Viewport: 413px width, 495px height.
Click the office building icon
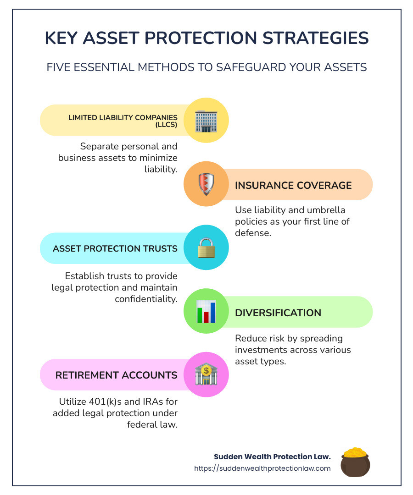click(x=206, y=121)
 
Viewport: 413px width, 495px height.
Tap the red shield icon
click(x=206, y=184)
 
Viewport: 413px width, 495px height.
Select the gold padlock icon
click(x=206, y=248)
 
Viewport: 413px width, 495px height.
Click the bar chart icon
click(x=206, y=311)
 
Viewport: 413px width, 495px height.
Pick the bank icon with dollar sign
click(x=206, y=375)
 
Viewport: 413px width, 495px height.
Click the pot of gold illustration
click(x=355, y=462)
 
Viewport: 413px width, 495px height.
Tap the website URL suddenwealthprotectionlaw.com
click(x=262, y=468)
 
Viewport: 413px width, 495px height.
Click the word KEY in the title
click(x=61, y=38)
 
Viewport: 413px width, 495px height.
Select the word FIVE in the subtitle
click(x=59, y=67)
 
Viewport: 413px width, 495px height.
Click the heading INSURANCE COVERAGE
click(x=293, y=185)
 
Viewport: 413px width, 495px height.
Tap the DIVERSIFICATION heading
click(x=278, y=313)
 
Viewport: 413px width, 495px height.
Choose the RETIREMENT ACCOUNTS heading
click(x=116, y=375)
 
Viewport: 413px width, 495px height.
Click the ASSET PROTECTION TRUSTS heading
click(x=115, y=249)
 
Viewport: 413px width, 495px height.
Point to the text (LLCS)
click(x=166, y=125)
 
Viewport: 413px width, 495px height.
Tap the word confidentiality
click(x=146, y=299)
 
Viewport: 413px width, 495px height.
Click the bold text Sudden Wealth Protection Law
click(x=273, y=457)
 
